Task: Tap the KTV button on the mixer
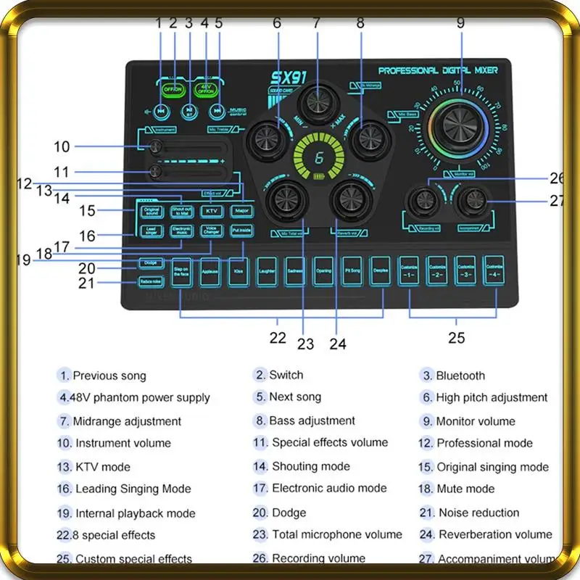pyautogui.click(x=211, y=211)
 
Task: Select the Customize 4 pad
pyautogui.click(x=493, y=271)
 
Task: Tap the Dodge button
pyautogui.click(x=151, y=262)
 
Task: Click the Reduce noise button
pyautogui.click(x=151, y=282)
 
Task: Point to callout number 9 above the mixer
pyautogui.click(x=460, y=22)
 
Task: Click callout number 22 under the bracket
pyautogui.click(x=278, y=337)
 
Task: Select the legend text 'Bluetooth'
pyautogui.click(x=460, y=376)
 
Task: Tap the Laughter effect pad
pyautogui.click(x=267, y=271)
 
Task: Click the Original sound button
pyautogui.click(x=152, y=211)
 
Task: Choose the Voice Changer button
pyautogui.click(x=211, y=231)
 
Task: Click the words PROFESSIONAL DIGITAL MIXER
pyautogui.click(x=444, y=70)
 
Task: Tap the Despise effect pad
pyautogui.click(x=380, y=271)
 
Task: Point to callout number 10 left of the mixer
pyautogui.click(x=62, y=147)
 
